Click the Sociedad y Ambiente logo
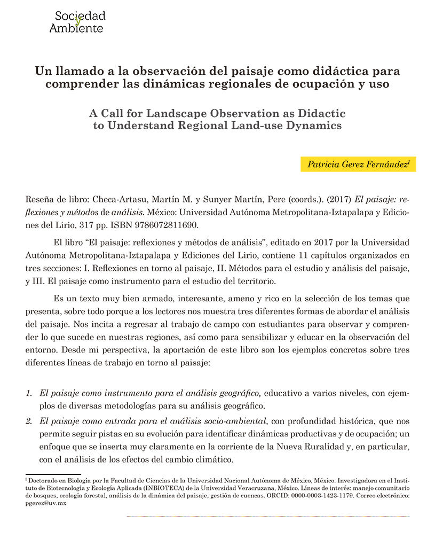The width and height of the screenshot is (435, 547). (77, 21)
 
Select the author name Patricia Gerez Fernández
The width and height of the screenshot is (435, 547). (358, 165)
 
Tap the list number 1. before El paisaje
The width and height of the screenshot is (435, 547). (30, 394)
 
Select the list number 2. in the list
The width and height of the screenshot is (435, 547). (30, 420)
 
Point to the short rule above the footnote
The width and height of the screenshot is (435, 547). (53, 474)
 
